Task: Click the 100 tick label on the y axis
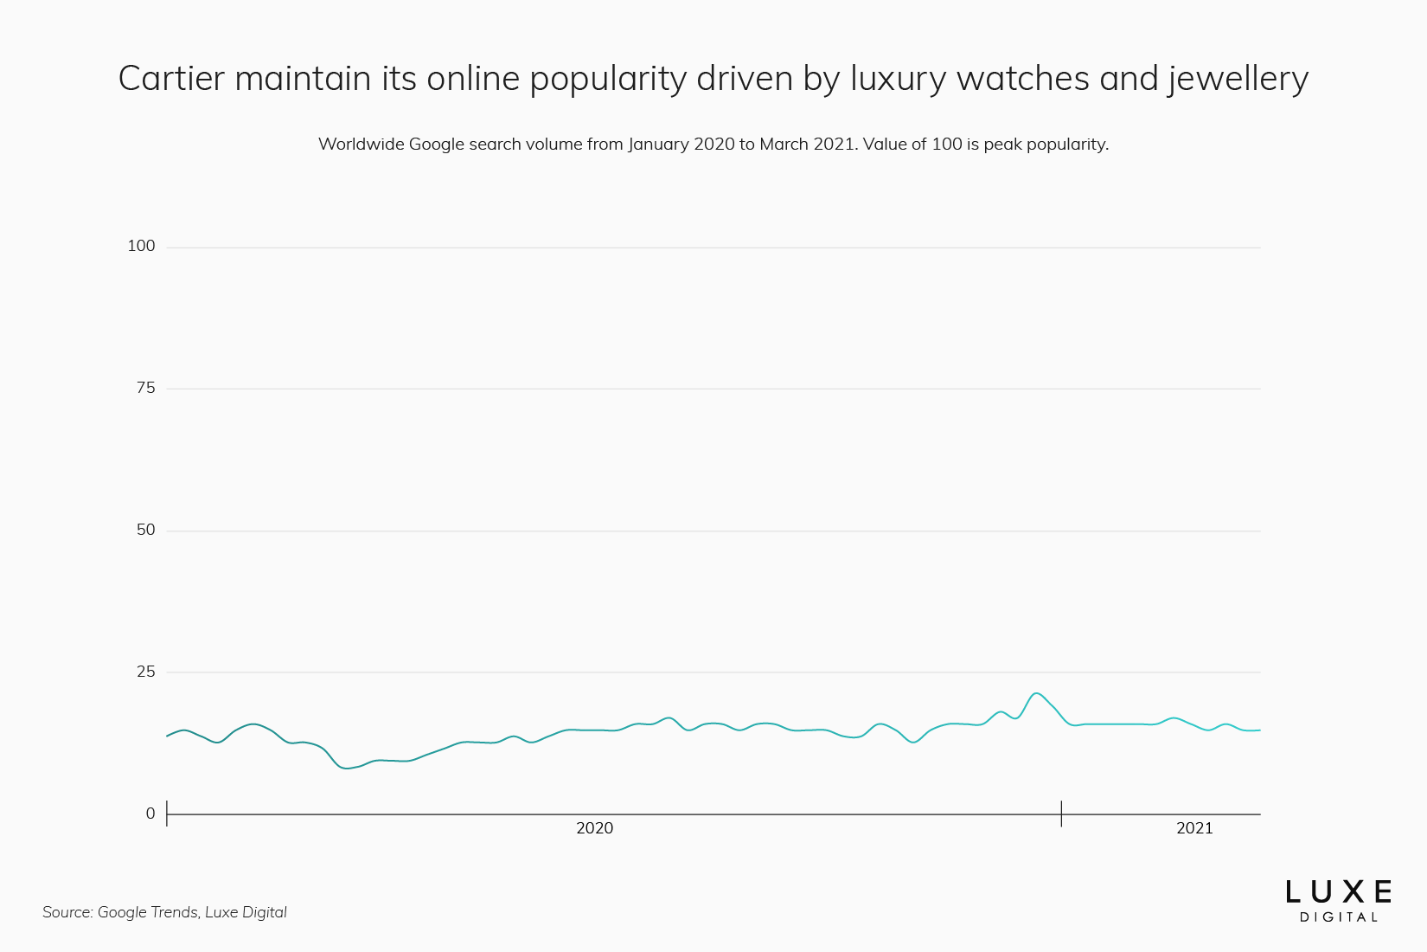(141, 246)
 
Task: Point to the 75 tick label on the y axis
(146, 388)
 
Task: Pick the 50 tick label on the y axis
(146, 530)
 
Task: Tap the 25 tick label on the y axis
(146, 672)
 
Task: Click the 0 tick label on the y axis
(150, 814)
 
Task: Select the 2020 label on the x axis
(594, 828)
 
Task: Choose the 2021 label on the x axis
(1194, 828)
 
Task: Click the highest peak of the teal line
(1036, 693)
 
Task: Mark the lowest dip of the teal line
(347, 768)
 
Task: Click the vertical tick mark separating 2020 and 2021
(1061, 814)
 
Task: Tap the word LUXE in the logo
(1338, 892)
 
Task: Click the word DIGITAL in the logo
(1338, 917)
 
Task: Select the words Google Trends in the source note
(147, 912)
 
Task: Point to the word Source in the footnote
(67, 912)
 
